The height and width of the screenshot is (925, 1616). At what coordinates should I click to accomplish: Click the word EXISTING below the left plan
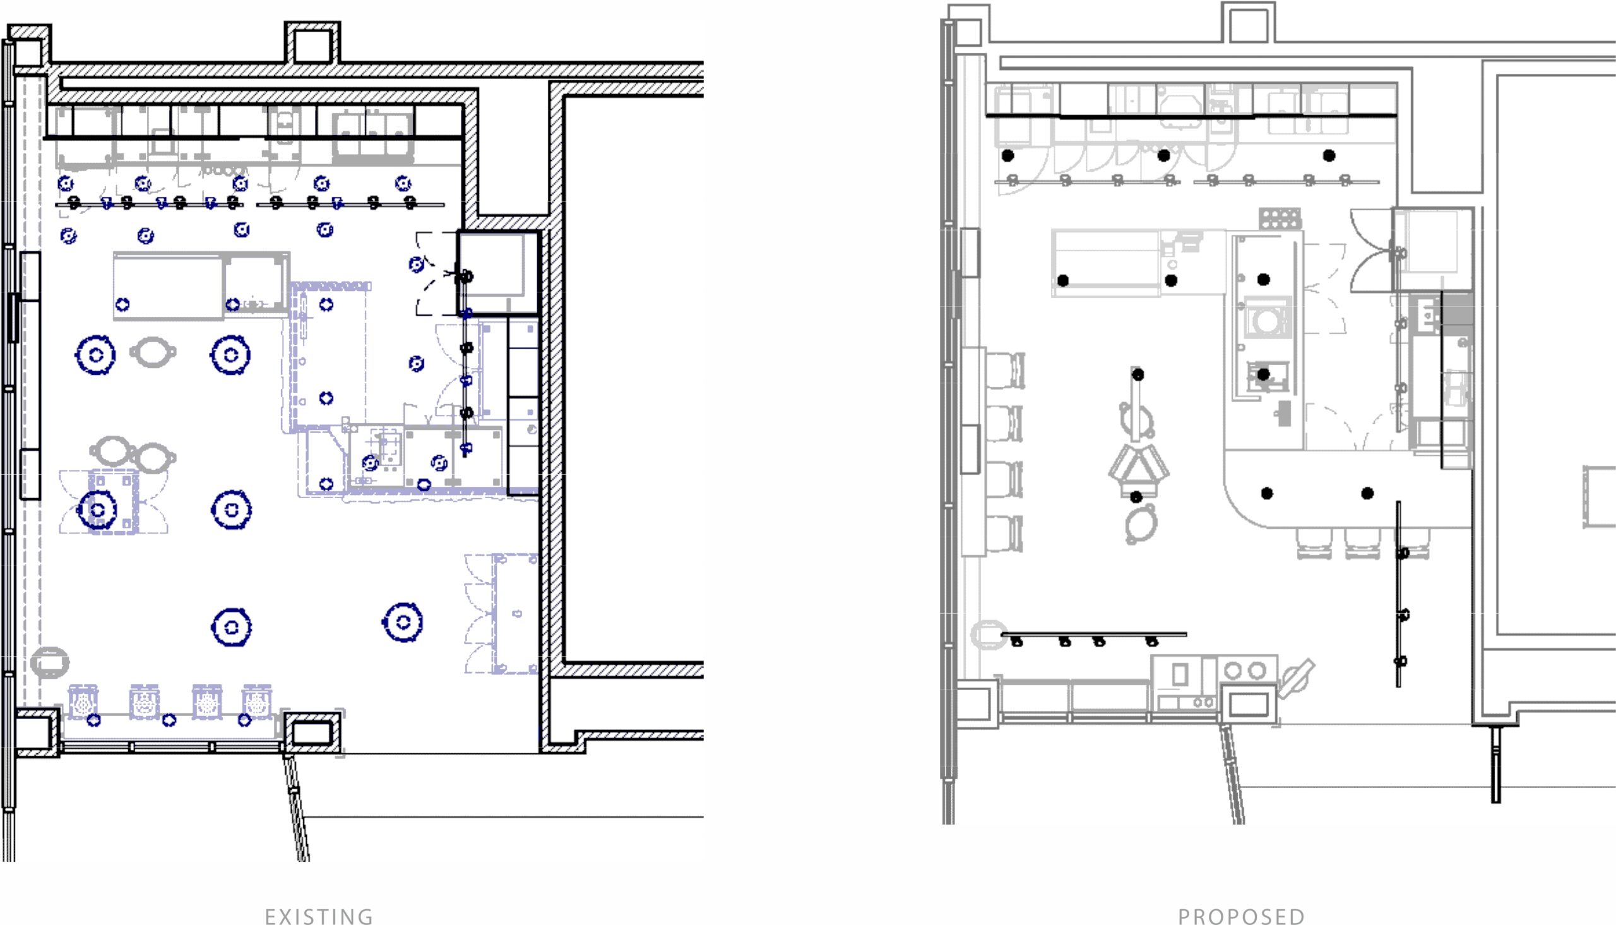click(x=319, y=917)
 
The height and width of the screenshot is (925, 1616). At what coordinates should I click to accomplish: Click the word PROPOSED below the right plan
click(x=1242, y=917)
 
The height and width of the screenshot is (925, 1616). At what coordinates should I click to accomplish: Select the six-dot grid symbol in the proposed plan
click(x=1280, y=218)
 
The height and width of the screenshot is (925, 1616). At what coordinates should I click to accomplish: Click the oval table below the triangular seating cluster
click(x=1141, y=524)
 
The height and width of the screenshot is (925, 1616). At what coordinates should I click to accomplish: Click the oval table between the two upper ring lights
click(x=153, y=352)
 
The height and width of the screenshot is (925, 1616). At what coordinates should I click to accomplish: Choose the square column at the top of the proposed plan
click(x=1249, y=23)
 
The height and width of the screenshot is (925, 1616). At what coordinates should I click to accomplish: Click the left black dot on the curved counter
click(x=1267, y=493)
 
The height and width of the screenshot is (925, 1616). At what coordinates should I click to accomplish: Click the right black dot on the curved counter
click(x=1368, y=493)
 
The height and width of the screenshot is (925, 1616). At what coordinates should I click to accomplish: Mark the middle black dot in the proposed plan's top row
click(x=1164, y=155)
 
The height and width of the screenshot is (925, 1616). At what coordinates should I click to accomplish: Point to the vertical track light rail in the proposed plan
click(x=1398, y=594)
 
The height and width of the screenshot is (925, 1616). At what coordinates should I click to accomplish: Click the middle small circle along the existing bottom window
click(x=169, y=720)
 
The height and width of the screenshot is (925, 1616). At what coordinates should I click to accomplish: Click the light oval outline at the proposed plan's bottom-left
click(x=989, y=635)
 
